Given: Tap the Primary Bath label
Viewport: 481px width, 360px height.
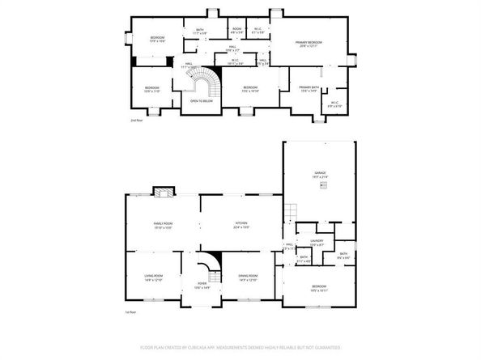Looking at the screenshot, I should click(x=309, y=88).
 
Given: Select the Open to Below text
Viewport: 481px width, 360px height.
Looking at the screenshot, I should click(x=201, y=101).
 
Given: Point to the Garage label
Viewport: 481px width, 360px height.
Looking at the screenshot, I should click(x=320, y=174).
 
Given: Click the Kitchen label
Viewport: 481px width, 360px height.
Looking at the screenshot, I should click(x=240, y=224).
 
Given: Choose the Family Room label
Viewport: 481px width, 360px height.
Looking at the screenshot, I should click(x=164, y=224).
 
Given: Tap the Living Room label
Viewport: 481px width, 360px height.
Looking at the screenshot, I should click(x=154, y=277).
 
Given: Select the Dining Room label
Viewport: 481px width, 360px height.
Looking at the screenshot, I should click(x=248, y=277).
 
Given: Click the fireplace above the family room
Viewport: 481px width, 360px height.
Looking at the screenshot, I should click(x=164, y=192).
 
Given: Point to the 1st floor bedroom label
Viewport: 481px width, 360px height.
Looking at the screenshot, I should click(x=319, y=287).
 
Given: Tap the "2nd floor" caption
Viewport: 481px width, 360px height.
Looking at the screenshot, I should click(x=136, y=121).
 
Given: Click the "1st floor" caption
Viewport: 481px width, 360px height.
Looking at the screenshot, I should click(x=130, y=311).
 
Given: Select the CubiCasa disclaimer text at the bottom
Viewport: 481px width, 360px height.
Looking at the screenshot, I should click(x=240, y=347).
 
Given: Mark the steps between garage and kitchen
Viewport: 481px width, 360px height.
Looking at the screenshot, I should click(x=287, y=213).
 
